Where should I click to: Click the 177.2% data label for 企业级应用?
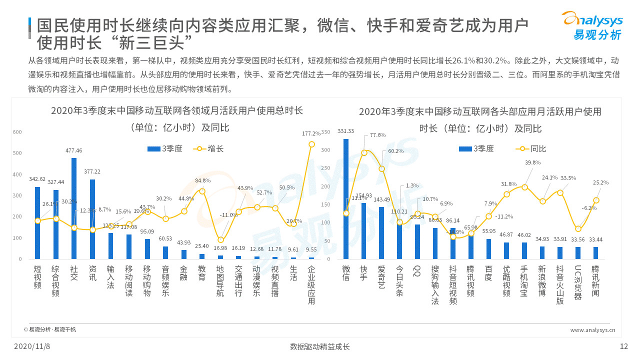tap(311, 133)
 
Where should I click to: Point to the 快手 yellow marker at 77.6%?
tap(364, 152)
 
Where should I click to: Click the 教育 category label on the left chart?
tap(201, 272)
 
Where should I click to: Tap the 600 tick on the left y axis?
tap(17, 132)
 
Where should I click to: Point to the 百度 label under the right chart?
tap(488, 272)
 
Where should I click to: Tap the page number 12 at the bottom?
tap(623, 346)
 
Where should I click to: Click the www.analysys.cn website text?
tap(592, 330)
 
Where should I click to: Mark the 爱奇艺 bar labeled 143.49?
tap(381, 233)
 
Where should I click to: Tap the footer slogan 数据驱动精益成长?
tap(320, 346)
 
